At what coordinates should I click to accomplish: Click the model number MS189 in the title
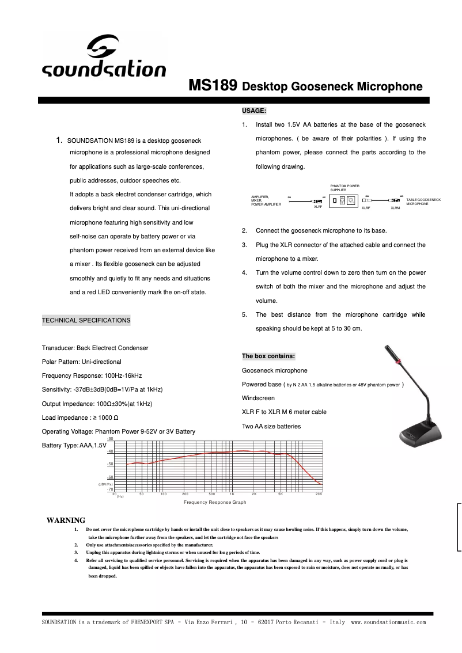pyautogui.click(x=213, y=86)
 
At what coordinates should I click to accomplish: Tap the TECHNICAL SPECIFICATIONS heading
pyautogui.click(x=86, y=320)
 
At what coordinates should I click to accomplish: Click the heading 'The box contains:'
pyautogui.click(x=268, y=356)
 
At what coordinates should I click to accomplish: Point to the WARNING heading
pyautogui.click(x=66, y=521)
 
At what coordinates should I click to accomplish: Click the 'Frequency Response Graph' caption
pyautogui.click(x=215, y=503)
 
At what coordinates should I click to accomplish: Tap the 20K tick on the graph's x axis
pyautogui.click(x=319, y=494)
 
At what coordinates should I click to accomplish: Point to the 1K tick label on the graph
pyautogui.click(x=232, y=494)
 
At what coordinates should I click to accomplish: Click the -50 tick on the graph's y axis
pyautogui.click(x=110, y=464)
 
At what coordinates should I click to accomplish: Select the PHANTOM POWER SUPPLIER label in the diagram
pyautogui.click(x=344, y=188)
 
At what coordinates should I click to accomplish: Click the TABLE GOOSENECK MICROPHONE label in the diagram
pyautogui.click(x=423, y=202)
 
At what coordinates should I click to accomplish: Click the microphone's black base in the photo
pyautogui.click(x=420, y=432)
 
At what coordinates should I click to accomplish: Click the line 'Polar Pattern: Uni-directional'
pyautogui.click(x=82, y=362)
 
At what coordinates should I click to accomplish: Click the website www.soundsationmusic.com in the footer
pyautogui.click(x=388, y=622)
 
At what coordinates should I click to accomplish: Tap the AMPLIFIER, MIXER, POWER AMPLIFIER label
pyautogui.click(x=266, y=200)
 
